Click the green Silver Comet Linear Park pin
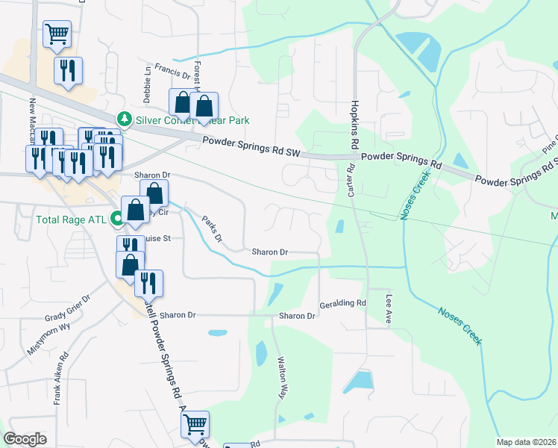[124, 119]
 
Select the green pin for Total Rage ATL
[116, 220]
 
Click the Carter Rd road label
[350, 181]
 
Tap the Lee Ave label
[389, 308]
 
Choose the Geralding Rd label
[342, 303]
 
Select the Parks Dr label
[212, 228]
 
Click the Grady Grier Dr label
[67, 305]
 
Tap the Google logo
[25, 439]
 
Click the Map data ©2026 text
[526, 442]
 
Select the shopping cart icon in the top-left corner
[57, 34]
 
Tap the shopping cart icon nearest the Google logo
[195, 426]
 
